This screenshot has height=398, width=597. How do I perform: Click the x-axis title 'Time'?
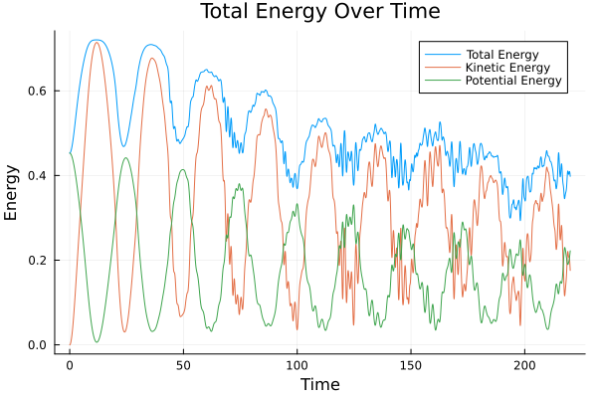[x=319, y=384]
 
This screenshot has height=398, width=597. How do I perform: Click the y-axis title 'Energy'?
[x=12, y=192]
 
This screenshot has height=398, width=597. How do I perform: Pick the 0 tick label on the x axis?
[x=70, y=365]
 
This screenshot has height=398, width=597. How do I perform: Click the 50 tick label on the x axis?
[x=183, y=365]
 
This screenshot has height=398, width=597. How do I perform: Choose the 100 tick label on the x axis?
[x=297, y=365]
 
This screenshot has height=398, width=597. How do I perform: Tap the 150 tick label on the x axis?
[x=410, y=365]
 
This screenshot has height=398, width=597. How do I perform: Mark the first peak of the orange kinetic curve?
[x=97, y=42]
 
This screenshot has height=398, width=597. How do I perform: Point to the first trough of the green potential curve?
[x=97, y=342]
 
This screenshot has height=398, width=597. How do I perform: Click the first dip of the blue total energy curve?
[x=123, y=146]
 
